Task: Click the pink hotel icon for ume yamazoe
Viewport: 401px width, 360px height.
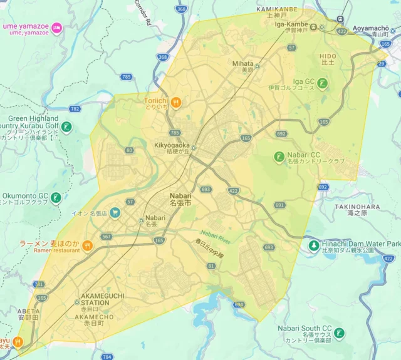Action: pos(57,27)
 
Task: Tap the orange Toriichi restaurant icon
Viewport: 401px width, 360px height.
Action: pos(176,103)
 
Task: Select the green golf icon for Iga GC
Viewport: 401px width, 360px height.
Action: pos(322,83)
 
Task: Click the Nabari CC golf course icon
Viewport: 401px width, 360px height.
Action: pos(279,157)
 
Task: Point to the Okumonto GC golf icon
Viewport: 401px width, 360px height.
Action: pos(56,198)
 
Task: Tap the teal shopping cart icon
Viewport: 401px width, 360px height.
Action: pos(115,213)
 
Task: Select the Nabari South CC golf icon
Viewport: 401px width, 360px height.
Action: pos(339,333)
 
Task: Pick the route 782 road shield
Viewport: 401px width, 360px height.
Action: pos(75,108)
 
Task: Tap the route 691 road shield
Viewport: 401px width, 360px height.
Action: pos(279,205)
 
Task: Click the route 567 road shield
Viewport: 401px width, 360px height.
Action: pos(107,236)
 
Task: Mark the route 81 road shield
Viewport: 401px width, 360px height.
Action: pos(211,266)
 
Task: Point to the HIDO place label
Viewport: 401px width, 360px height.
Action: pos(328,56)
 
